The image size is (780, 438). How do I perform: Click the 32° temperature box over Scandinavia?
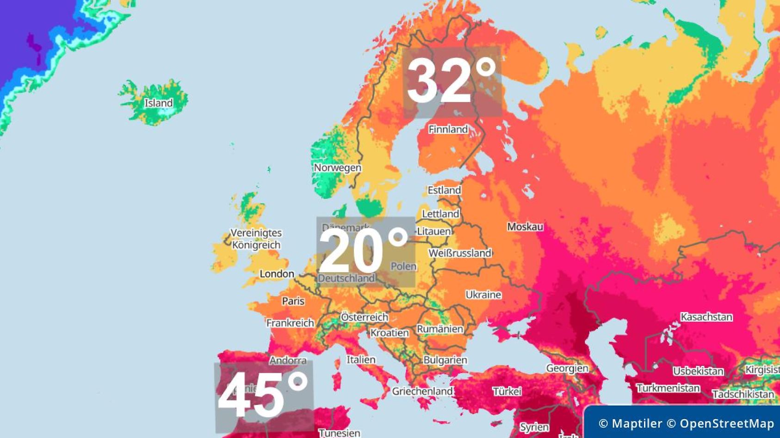[452, 81]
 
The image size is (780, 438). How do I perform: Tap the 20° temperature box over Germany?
[365, 252]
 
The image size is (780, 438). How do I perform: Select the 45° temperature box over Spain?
[263, 397]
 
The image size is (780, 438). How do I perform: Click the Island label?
[159, 103]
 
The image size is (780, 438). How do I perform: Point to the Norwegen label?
[337, 168]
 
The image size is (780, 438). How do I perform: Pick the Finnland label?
[448, 130]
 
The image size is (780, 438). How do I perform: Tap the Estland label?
[444, 190]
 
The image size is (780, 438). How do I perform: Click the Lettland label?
[440, 214]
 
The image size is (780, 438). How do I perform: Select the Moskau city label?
[525, 227]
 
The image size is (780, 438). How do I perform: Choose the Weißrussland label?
[460, 253]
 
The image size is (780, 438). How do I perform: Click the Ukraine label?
[483, 295]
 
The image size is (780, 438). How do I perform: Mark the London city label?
[277, 274]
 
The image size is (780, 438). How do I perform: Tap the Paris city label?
[293, 301]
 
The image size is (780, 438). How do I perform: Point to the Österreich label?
[365, 317]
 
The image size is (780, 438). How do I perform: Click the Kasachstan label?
[706, 317]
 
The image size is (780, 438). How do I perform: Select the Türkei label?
[507, 391]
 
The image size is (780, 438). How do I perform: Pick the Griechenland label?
[422, 391]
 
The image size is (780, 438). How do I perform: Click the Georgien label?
[567, 368]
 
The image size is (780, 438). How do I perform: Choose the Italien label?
[361, 359]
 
